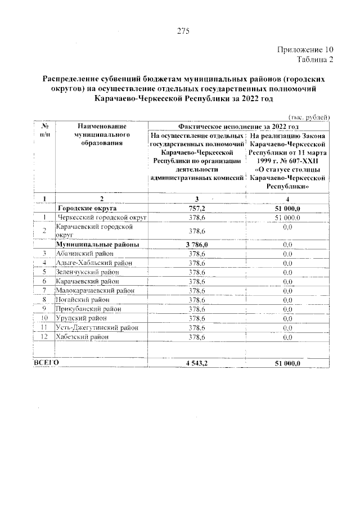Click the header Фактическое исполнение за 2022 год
click(238, 127)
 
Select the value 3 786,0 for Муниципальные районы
click(197, 245)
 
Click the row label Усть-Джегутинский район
click(96, 327)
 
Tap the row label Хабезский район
click(82, 337)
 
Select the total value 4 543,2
click(197, 364)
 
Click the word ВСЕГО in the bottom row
click(46, 364)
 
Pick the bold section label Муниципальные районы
click(97, 245)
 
